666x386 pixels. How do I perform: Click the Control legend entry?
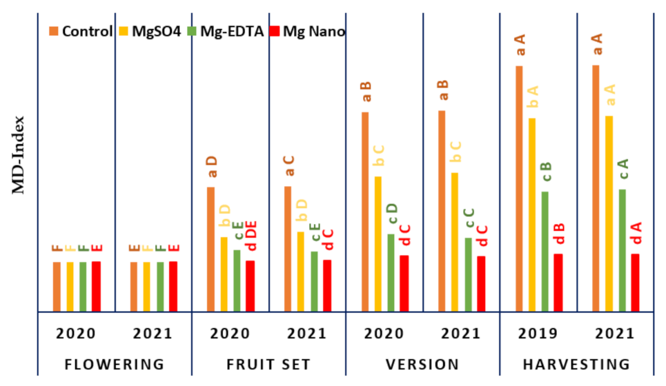pos(81,31)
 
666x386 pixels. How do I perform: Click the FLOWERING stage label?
pos(115,364)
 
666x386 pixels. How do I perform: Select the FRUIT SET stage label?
pos(269,364)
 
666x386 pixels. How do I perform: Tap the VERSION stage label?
pos(423,364)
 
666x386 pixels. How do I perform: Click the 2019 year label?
pos(538,334)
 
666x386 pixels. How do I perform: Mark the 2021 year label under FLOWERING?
pos(153,334)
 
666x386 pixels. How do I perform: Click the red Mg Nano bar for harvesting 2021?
pos(635,283)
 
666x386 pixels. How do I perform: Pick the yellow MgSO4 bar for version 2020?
pos(378,244)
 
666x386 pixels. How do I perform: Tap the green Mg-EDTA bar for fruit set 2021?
pos(314,281)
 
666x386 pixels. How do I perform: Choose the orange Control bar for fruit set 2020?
pos(211,249)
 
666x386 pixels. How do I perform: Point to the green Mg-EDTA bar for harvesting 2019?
pos(545,251)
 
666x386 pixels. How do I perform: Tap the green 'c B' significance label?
pos(546,172)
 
